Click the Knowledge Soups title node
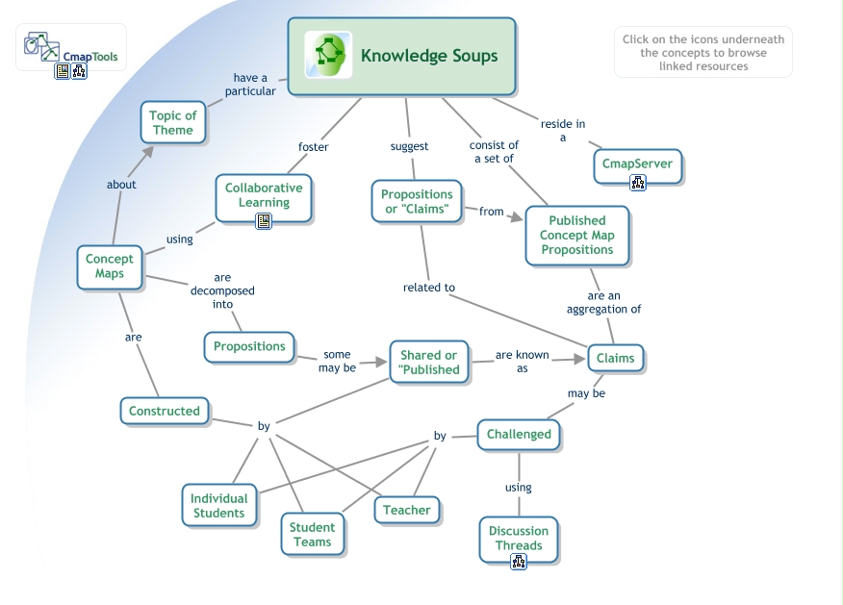(x=428, y=56)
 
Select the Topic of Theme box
(x=173, y=122)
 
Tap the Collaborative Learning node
(x=264, y=195)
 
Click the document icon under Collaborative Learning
(x=264, y=221)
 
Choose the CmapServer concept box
(x=637, y=164)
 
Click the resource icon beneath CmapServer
(x=637, y=183)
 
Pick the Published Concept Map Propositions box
(x=577, y=235)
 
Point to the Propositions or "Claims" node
(x=417, y=202)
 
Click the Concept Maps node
(x=110, y=266)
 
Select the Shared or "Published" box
(x=429, y=363)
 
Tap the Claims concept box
(x=616, y=359)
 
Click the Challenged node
(x=519, y=435)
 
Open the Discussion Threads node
(x=519, y=539)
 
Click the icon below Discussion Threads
(x=519, y=563)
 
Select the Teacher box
(x=407, y=511)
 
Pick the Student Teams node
(x=313, y=535)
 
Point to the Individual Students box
(x=219, y=506)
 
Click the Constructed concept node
(x=165, y=412)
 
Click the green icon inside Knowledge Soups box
(x=327, y=55)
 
